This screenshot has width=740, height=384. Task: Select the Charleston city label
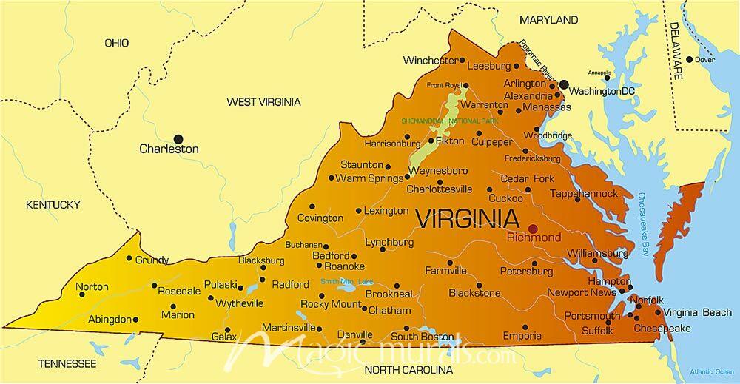pos(169,149)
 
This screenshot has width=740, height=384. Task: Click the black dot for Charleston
pos(178,138)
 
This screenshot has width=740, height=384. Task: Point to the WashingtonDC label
pos(603,91)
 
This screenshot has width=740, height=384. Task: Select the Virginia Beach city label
pos(697,312)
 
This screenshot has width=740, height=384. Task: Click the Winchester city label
pos(429,60)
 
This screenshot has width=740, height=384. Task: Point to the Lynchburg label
pos(388,242)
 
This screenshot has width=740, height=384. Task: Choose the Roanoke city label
pos(345,266)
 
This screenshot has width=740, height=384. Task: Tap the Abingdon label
pos(109,320)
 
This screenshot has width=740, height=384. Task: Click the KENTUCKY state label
pos(52,204)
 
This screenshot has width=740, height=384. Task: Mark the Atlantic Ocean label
pos(711,371)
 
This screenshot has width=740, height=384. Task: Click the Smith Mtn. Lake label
pos(347,281)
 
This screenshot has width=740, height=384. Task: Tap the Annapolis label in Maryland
pos(599,73)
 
